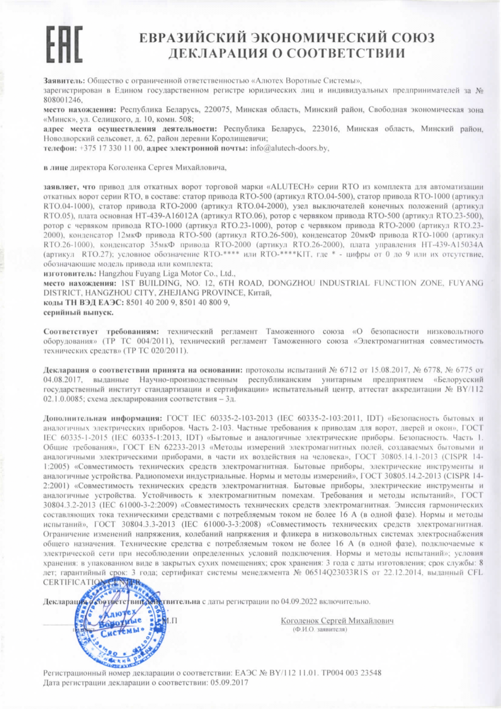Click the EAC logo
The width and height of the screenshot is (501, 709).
point(65,44)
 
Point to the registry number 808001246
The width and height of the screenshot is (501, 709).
point(63,100)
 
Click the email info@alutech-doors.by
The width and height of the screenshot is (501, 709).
point(289,148)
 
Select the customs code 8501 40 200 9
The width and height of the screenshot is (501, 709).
point(151,303)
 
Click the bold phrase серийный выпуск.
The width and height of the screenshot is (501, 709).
point(78,313)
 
